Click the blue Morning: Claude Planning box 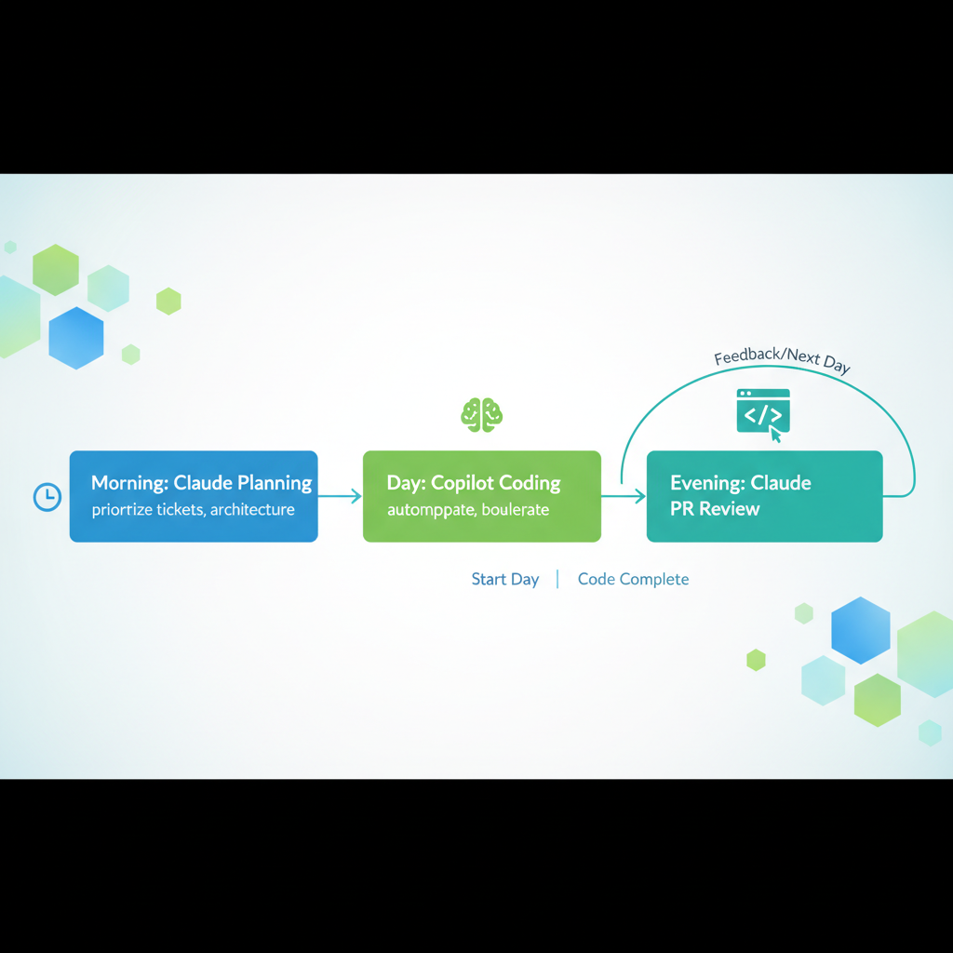point(194,496)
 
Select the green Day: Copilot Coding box point(481,496)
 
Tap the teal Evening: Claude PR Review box point(764,496)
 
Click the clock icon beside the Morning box point(47,497)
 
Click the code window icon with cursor point(763,412)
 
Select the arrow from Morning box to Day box point(340,497)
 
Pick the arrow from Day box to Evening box point(624,497)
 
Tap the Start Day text point(505,579)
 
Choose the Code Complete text point(633,579)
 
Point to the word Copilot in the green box point(465,483)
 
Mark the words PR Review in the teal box point(715,509)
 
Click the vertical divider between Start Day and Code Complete point(557,579)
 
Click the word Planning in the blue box point(275,483)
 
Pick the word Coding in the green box point(530,483)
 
